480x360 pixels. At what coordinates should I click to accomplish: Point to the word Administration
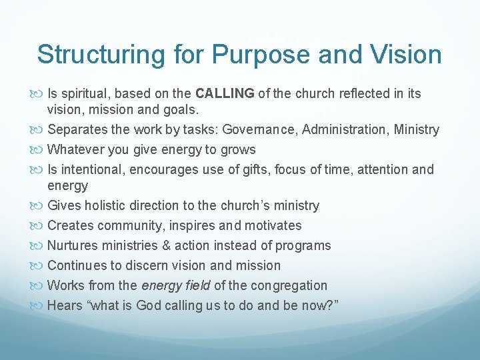[x=345, y=129]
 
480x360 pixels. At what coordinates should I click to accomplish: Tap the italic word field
[x=195, y=285]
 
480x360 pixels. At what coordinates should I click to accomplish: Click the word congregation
[x=288, y=285]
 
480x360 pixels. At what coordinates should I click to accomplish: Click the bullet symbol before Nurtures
[x=40, y=245]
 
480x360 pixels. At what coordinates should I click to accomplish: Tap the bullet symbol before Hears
[x=40, y=305]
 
